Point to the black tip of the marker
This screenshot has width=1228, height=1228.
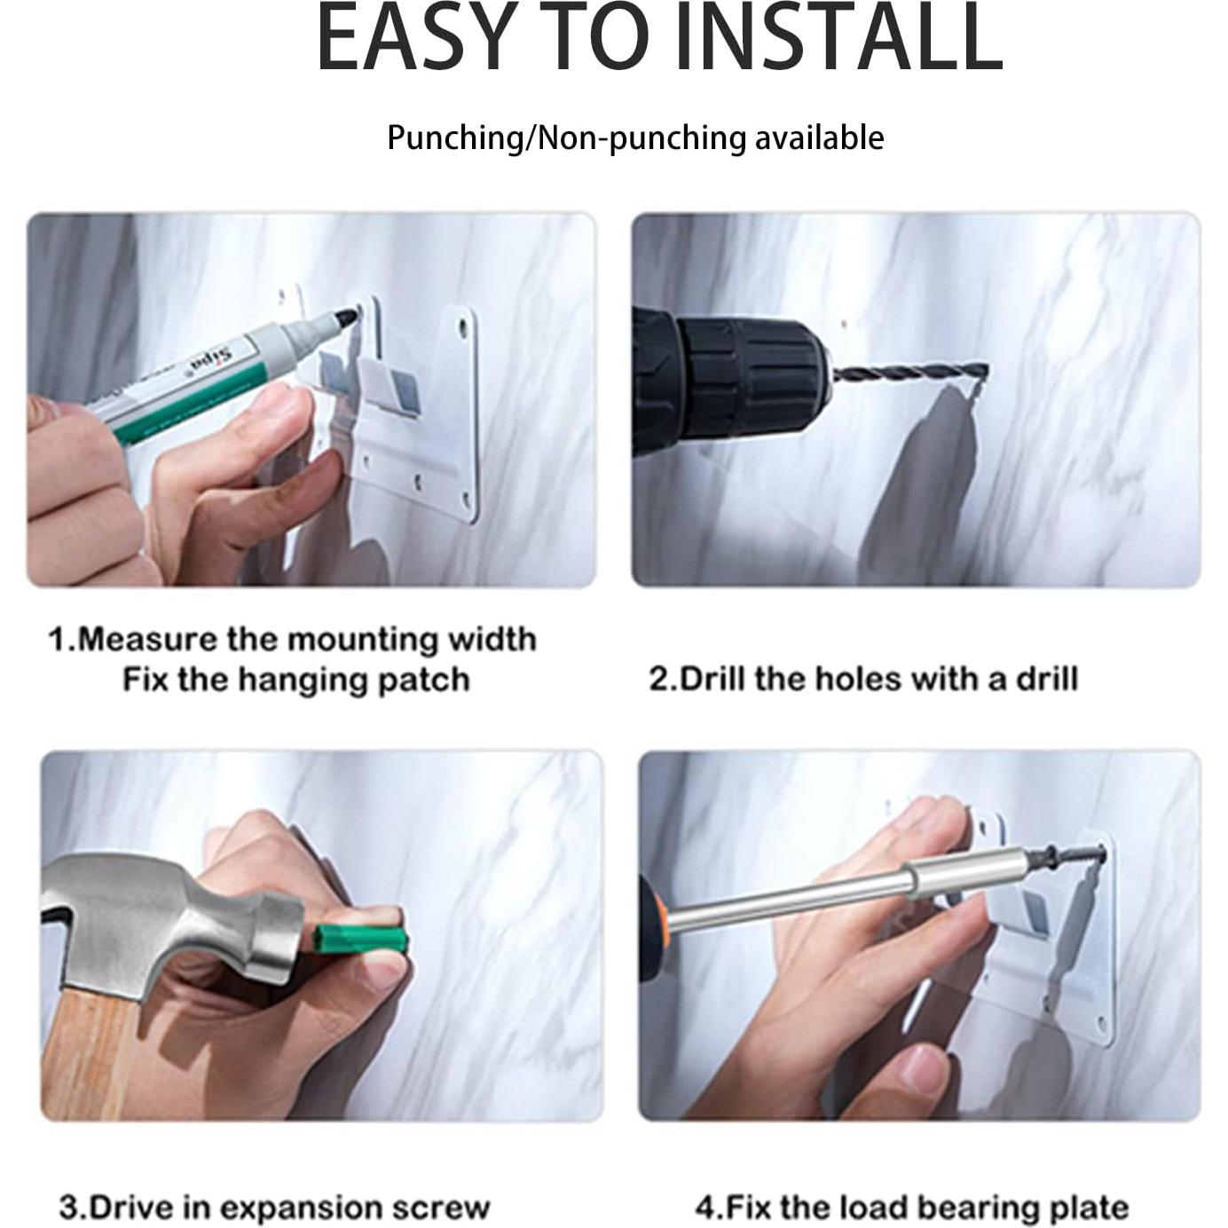coord(346,316)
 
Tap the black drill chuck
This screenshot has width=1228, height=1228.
coord(751,377)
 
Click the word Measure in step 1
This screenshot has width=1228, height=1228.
coord(147,639)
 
